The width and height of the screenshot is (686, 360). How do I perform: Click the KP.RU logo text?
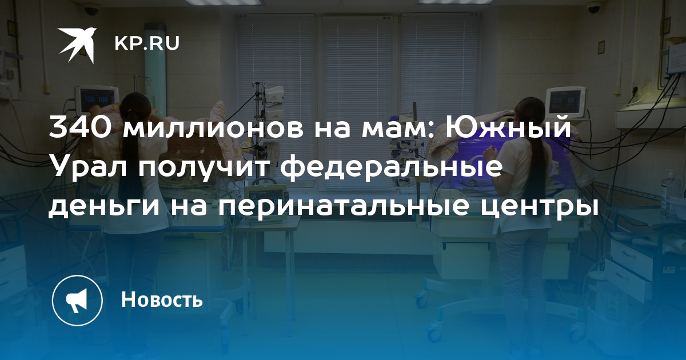147,43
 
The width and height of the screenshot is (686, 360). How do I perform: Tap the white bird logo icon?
78,45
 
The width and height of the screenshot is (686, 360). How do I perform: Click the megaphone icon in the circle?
77,301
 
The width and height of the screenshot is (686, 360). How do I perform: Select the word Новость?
162,299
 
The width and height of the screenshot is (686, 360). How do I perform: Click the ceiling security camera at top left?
91,10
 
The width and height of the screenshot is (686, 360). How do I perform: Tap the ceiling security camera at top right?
595,7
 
